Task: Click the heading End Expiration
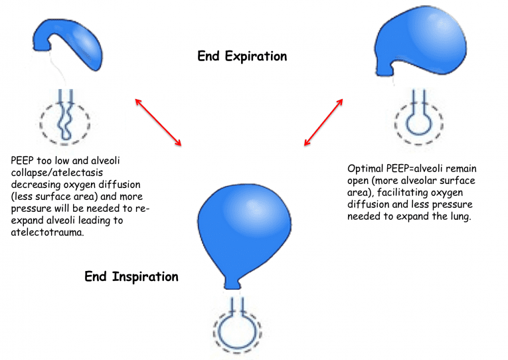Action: click(242, 56)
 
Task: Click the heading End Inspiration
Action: click(131, 276)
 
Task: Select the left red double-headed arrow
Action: click(158, 122)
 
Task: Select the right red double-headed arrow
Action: click(323, 122)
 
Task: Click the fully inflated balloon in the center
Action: click(241, 226)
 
